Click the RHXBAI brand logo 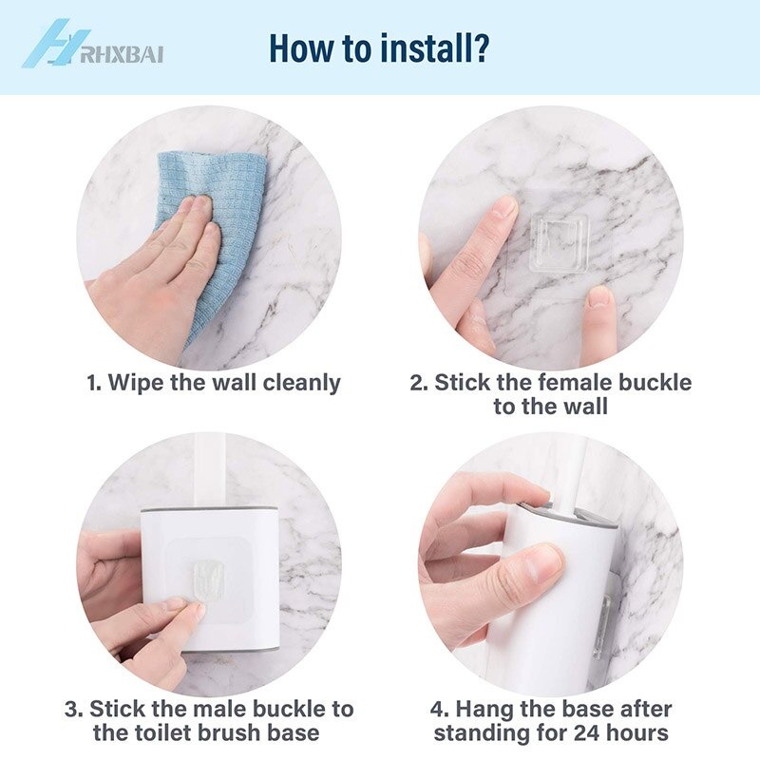click(92, 45)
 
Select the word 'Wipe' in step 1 click(136, 382)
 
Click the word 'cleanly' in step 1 click(301, 383)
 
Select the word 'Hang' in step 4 click(484, 710)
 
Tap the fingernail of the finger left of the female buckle click(505, 205)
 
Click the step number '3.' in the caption click(74, 710)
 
